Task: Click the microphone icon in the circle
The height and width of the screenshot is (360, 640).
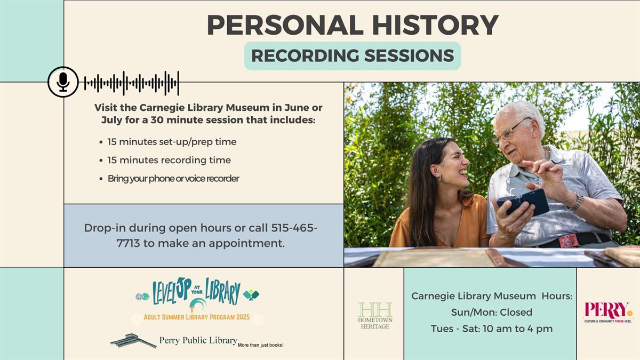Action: pos(63,82)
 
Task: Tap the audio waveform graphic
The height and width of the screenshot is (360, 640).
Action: pos(131,83)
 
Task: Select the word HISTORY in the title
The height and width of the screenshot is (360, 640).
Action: pos(433,25)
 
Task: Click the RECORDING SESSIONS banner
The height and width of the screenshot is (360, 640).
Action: pos(353,55)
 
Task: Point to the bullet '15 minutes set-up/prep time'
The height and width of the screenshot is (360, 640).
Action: pos(171,142)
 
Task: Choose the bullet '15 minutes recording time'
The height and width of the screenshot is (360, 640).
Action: pos(169,160)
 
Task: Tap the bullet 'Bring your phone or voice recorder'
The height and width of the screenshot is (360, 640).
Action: pos(173,178)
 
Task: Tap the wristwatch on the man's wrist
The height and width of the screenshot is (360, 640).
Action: pos(576,201)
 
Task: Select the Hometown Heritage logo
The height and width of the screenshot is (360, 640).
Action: pos(374,315)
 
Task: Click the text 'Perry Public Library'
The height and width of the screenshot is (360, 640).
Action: pos(198,340)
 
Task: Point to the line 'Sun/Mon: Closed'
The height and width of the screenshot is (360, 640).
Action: pos(491,312)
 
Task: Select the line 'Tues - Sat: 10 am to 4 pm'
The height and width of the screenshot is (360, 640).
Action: pos(491,329)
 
